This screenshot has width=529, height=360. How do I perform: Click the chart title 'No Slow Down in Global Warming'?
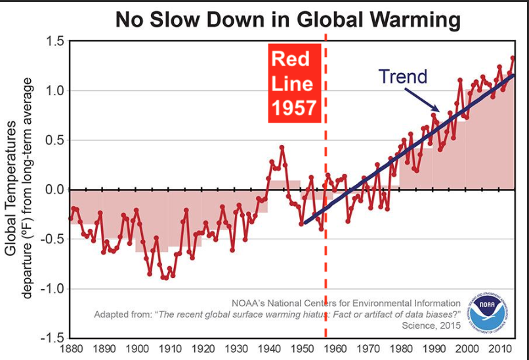coord(288,19)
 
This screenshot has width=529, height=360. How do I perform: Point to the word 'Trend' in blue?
coord(403,77)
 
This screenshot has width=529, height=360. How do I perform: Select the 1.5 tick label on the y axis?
coord(54,42)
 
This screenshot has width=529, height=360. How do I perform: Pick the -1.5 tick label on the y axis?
coord(52,338)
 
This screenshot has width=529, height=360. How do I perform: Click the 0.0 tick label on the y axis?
coord(54,190)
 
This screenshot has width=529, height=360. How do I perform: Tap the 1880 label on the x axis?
coord(71,350)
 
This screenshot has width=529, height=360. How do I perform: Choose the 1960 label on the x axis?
coord(335,350)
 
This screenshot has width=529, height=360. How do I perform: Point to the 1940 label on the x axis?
coord(268,350)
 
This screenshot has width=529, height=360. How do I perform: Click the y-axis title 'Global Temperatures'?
coord(11,187)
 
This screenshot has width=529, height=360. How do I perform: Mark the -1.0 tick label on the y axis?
coord(52,289)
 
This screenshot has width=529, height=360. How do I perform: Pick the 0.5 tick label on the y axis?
coord(54,140)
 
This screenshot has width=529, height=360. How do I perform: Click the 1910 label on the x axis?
coord(170,350)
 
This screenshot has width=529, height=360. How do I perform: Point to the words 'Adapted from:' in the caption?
coord(123,313)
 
